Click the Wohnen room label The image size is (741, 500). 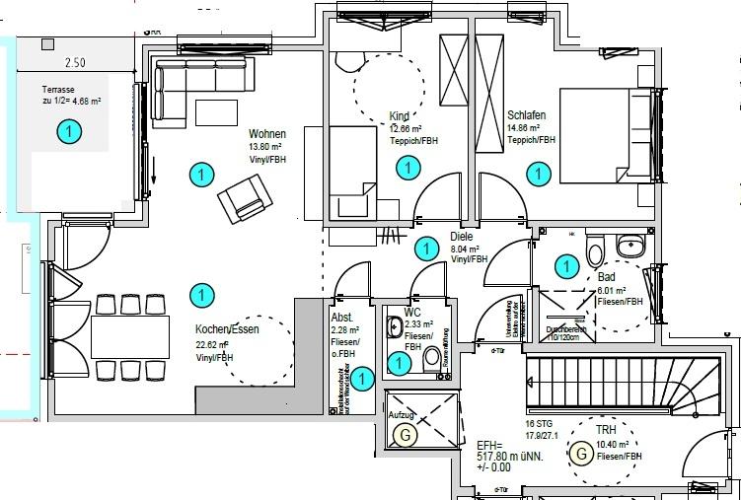(267, 134)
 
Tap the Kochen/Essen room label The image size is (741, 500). (227, 329)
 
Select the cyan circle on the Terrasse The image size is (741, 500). (68, 130)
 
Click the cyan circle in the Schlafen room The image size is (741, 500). (539, 175)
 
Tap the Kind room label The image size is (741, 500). (400, 115)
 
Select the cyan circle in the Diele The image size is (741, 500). (426, 249)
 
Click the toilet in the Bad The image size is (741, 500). (593, 252)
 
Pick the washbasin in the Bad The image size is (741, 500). (629, 243)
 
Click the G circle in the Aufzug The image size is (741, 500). (403, 434)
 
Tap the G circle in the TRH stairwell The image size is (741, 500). (582, 454)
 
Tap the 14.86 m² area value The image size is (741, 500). (523, 128)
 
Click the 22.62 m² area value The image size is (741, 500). (212, 345)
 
